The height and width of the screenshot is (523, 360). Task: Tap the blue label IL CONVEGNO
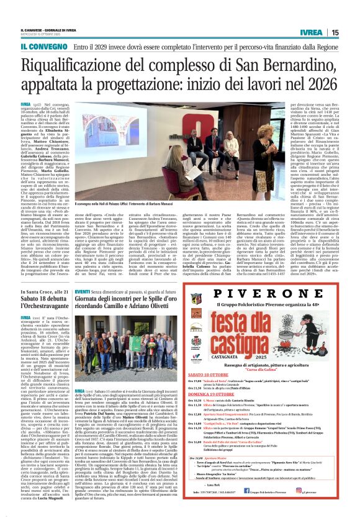coord(43,46)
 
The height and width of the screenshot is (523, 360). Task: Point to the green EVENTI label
coord(83,291)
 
